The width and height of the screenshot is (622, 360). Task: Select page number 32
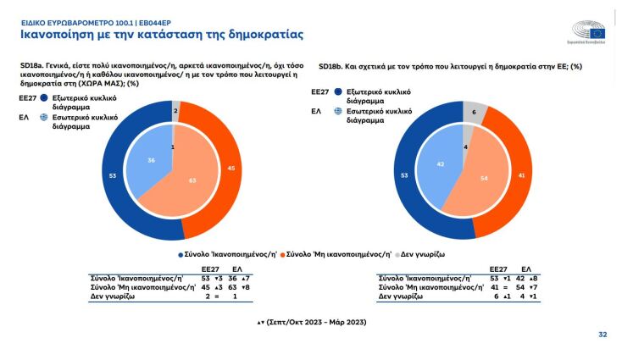pyautogui.click(x=603, y=335)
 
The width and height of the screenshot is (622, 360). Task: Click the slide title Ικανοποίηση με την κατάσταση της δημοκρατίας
pyautogui.click(x=162, y=35)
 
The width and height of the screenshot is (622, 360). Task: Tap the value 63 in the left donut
pyautogui.click(x=192, y=180)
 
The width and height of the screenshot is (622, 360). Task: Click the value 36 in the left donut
pyautogui.click(x=151, y=159)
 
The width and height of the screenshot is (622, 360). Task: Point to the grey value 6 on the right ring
pyautogui.click(x=474, y=112)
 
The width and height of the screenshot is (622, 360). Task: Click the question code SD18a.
pyautogui.click(x=34, y=65)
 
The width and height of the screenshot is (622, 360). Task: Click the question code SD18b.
pyautogui.click(x=332, y=65)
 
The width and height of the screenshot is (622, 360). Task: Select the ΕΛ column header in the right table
pyautogui.click(x=525, y=268)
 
